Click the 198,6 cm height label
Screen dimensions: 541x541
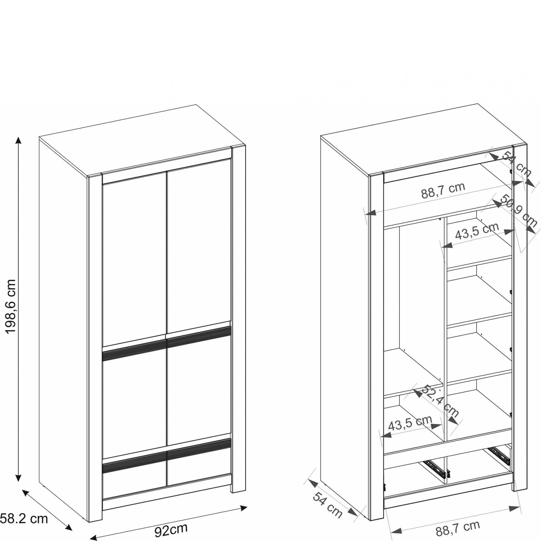click(11, 307)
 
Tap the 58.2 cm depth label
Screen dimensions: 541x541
click(24, 519)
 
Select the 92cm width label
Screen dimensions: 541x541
click(171, 530)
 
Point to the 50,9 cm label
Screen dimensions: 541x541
click(518, 210)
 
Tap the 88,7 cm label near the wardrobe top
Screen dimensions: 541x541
click(443, 190)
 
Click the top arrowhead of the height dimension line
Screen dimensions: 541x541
click(18, 140)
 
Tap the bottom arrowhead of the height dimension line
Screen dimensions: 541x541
click(18, 478)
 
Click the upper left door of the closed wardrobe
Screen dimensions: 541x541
click(135, 259)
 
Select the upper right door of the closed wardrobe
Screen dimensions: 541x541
click(199, 246)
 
